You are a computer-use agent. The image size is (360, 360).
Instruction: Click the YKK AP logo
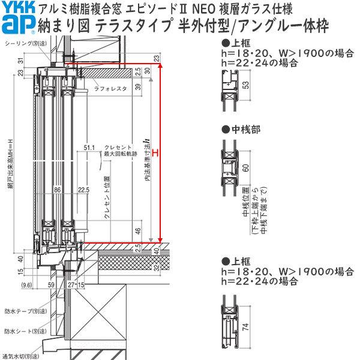point(17,18)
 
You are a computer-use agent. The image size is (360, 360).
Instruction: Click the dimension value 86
point(58,190)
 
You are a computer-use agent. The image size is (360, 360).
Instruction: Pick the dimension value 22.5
point(83,190)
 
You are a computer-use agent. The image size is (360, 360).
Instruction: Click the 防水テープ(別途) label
point(19,311)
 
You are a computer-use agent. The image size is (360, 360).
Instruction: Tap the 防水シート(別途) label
point(19,331)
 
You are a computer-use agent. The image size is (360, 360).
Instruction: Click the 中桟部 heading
point(234,129)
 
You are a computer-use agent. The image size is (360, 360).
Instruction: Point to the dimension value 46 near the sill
point(139,230)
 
